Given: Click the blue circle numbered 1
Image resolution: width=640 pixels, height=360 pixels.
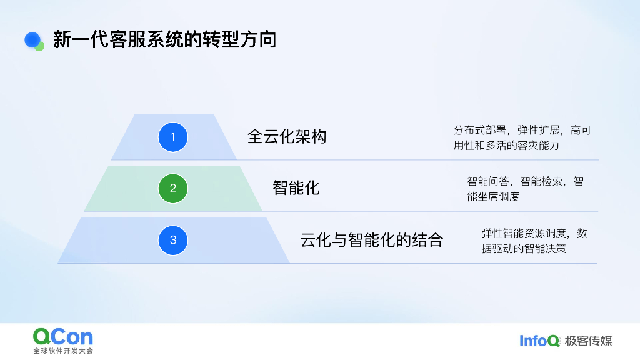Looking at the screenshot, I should pos(173,137).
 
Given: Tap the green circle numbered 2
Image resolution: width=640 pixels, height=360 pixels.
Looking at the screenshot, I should pos(173,188).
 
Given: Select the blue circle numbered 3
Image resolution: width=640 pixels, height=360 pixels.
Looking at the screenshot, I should pos(173,240).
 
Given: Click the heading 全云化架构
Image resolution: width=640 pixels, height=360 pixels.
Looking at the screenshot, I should pos(287,137).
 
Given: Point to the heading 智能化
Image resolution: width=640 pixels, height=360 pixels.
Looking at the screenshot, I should pos(296,187).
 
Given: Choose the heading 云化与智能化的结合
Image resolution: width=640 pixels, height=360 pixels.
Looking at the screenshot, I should pos(371,240).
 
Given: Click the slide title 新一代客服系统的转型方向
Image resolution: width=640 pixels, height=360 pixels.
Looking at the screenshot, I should pos(164,40).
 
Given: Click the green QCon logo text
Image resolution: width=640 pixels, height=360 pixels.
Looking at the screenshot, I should pos(63,337).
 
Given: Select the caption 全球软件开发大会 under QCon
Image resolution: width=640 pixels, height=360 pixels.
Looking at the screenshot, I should pos(63,351).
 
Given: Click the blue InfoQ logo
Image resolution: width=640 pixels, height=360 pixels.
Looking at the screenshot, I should pos(539,341).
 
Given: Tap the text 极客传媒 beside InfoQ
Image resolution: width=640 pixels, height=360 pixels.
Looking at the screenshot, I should pos(589,341).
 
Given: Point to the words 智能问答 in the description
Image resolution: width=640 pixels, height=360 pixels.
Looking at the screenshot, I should pos(487,182).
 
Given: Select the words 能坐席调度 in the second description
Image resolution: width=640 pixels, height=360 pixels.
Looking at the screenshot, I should pos(493,196).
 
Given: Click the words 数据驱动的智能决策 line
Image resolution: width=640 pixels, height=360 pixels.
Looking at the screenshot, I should pos(524,248).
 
